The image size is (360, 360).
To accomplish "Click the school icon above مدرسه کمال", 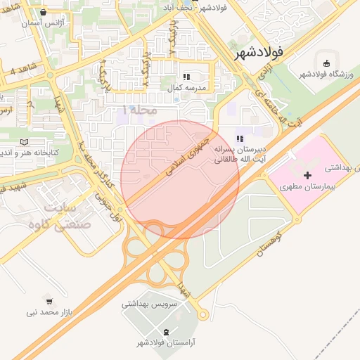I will [186, 77].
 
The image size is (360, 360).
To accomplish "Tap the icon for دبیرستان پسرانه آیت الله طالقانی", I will [240, 139].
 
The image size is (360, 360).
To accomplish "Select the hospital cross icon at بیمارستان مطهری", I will [307, 174].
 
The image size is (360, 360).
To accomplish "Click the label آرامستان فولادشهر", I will [166, 342].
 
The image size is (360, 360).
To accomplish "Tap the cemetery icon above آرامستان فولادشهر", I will [166, 331].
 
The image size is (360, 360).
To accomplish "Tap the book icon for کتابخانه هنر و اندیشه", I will [25, 141].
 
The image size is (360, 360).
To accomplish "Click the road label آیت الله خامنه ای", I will [280, 98].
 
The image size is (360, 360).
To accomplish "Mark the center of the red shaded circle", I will [180, 179].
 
